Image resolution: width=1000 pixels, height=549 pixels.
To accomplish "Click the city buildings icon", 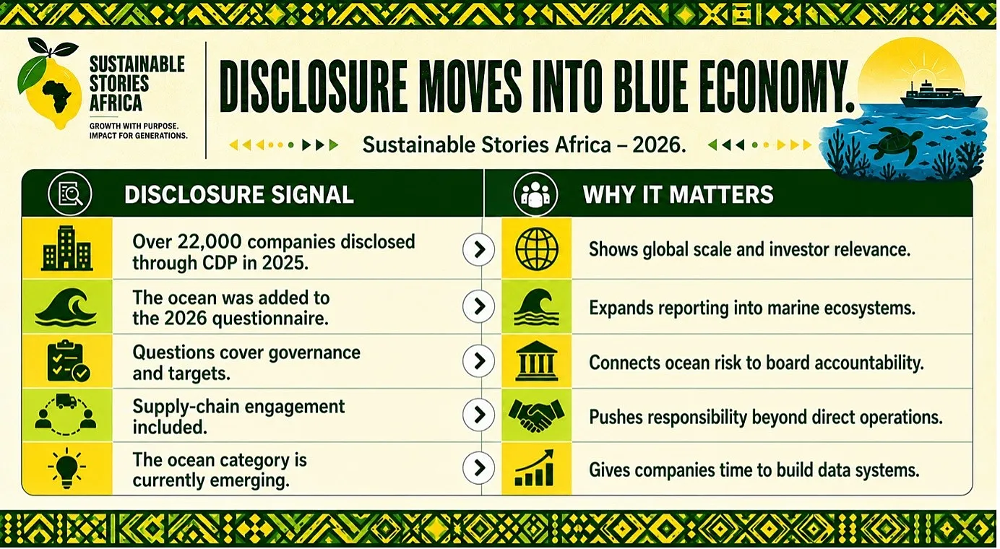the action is (67, 248).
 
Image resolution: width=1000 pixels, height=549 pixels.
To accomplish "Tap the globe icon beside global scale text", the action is (537, 248).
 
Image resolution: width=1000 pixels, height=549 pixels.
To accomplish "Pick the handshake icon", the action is (537, 415).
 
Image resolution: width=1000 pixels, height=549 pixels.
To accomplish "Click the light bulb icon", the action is (67, 468).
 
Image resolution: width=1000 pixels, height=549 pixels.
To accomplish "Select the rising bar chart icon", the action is (535, 468).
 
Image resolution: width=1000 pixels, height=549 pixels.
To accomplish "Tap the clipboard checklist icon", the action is (68, 361).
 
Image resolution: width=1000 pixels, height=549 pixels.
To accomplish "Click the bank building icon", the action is (537, 361).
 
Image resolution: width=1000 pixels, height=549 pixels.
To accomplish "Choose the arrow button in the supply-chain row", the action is (478, 415).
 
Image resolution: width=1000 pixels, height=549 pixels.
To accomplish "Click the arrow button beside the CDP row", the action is (478, 249).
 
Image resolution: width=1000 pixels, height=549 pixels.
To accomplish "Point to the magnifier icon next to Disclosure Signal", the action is (70, 194).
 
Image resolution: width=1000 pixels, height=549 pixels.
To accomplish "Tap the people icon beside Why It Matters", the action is (535, 194).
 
